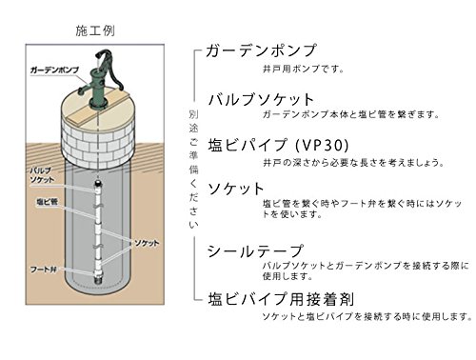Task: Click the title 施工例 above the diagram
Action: (x=95, y=30)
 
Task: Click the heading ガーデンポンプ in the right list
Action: (x=261, y=50)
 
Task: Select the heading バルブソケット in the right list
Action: (x=261, y=99)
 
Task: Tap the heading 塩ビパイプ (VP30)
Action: (x=278, y=146)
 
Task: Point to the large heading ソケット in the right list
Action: (x=235, y=189)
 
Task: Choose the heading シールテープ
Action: (x=255, y=251)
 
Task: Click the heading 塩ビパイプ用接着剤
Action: (x=281, y=299)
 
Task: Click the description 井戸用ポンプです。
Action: (x=304, y=69)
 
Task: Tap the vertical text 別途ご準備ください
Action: (x=193, y=170)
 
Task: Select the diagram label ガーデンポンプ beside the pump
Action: (x=54, y=70)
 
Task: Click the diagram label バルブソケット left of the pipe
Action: (x=42, y=175)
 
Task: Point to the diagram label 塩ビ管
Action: (x=47, y=202)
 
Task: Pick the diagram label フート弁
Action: (x=44, y=270)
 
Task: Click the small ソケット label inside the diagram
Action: (x=147, y=243)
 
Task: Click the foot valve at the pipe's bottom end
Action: (x=98, y=278)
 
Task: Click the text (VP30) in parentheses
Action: (x=322, y=146)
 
